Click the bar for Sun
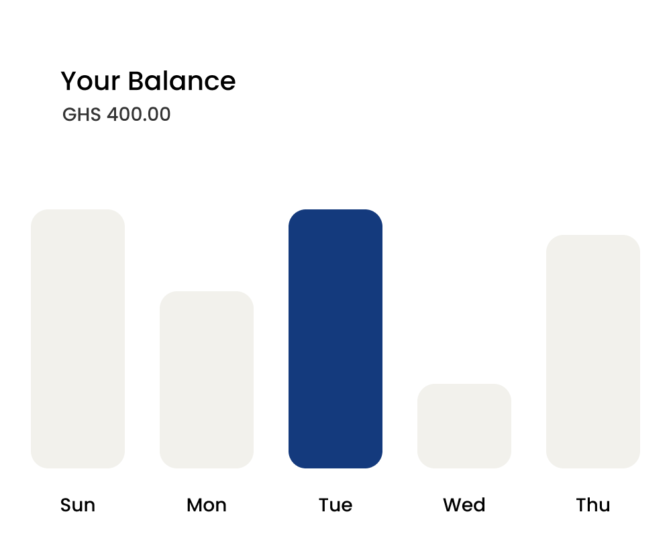78,338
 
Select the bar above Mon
207,379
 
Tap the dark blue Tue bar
335,338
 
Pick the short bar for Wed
464,425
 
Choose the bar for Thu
593,351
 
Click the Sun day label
78,505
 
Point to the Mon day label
207,505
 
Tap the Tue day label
335,505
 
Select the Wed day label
464,505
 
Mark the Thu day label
593,505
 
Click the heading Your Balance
148,81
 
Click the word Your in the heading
91,81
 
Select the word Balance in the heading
181,81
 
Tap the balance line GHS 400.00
117,115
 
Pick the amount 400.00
139,115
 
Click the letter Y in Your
68,81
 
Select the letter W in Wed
451,505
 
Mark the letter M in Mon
195,505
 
